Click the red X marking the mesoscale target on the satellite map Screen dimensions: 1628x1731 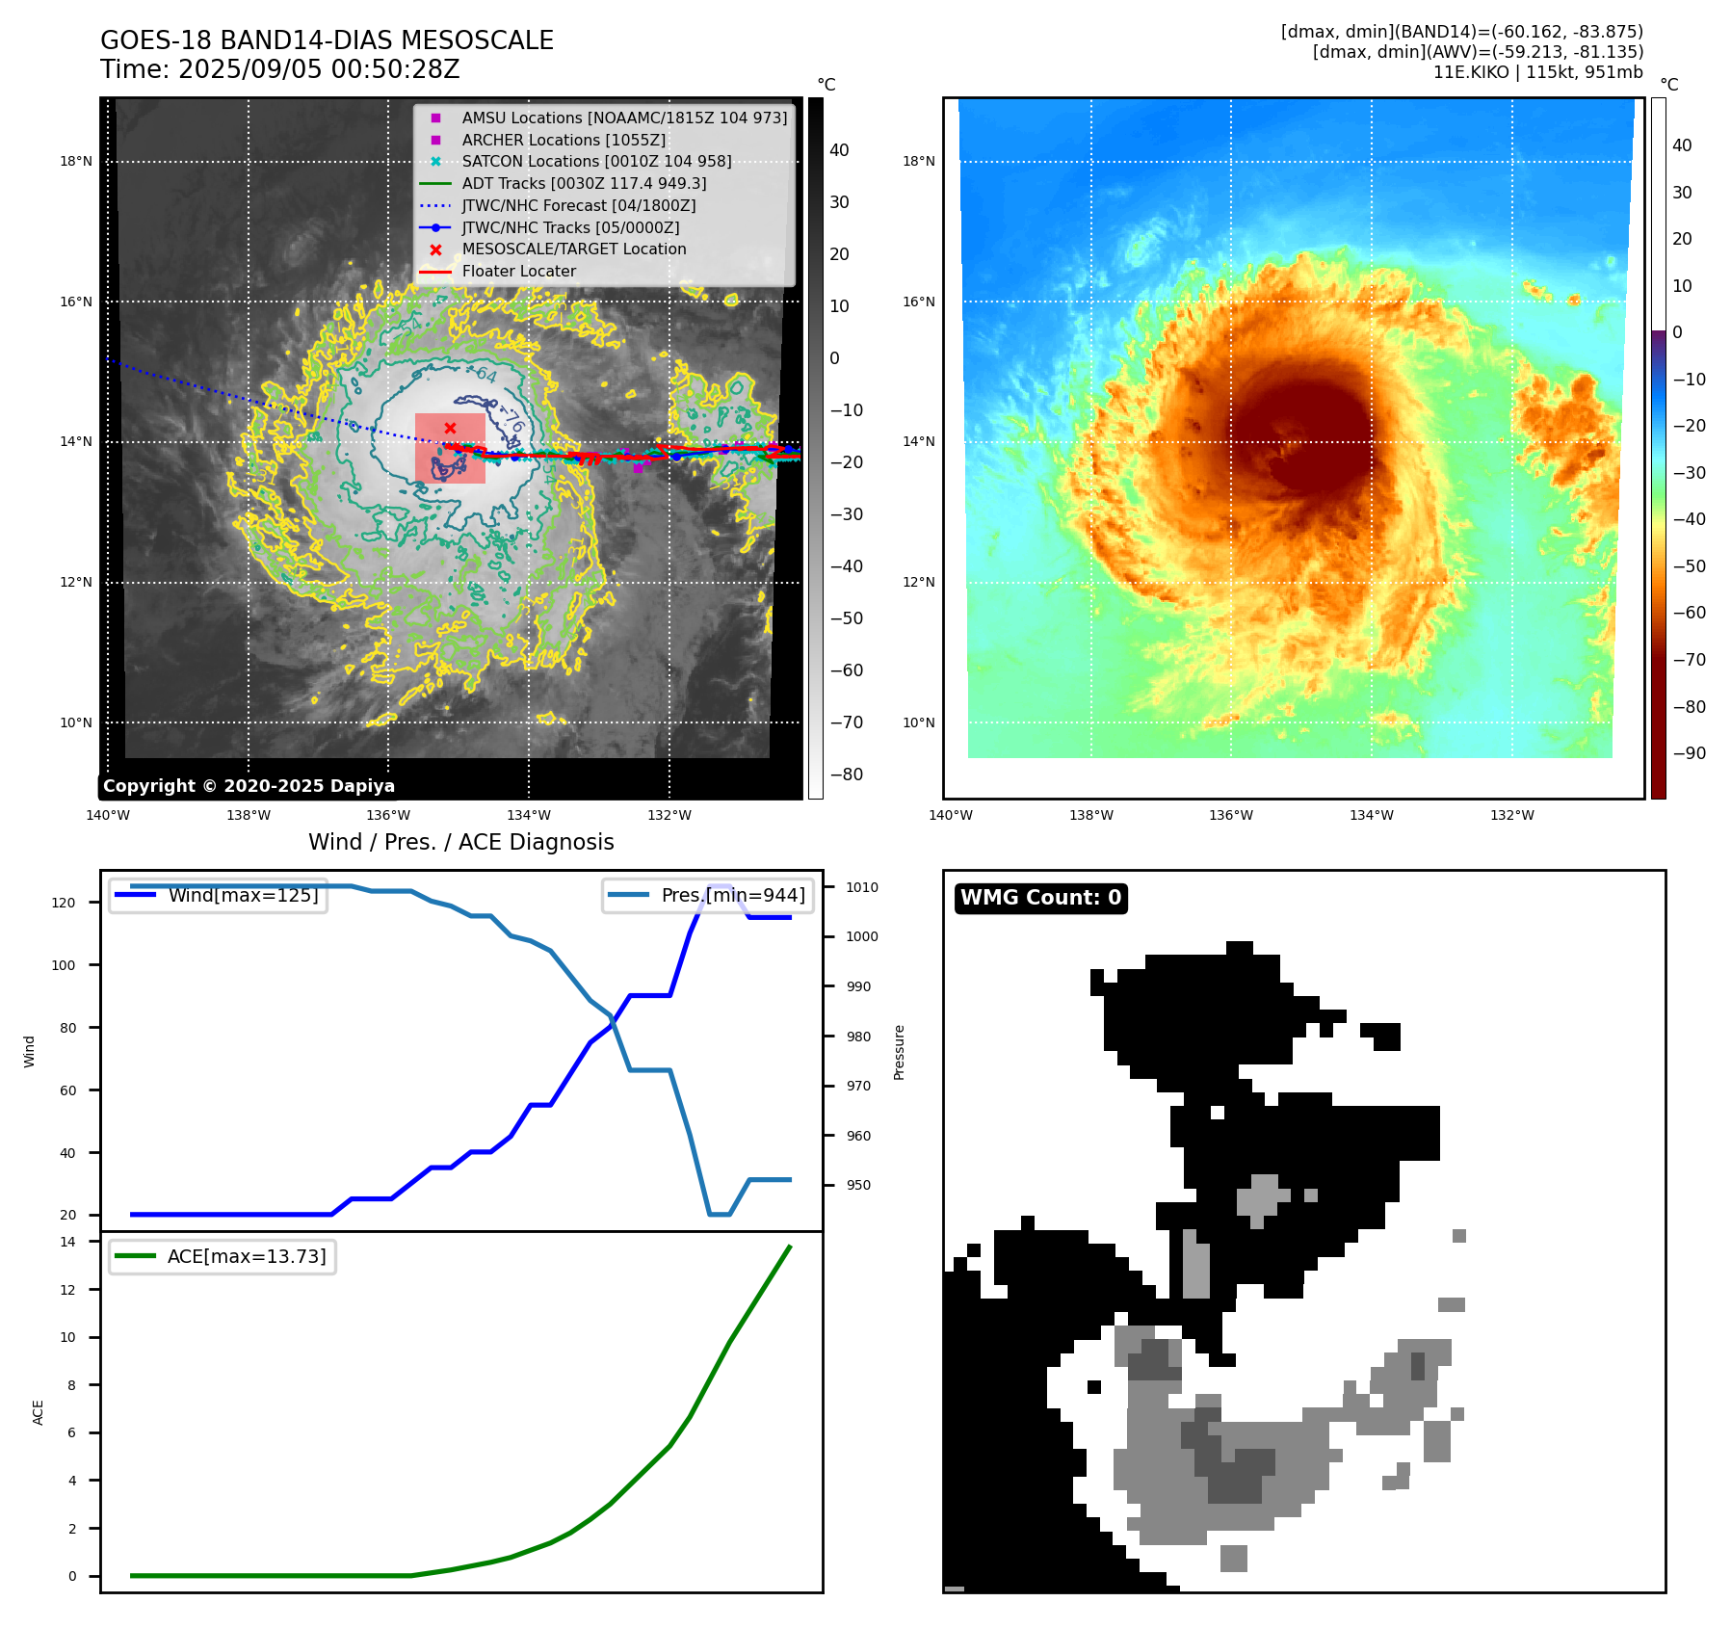(450, 428)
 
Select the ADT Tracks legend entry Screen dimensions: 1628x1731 (584, 183)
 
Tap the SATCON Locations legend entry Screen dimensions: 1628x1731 (596, 161)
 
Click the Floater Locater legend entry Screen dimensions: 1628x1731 (518, 271)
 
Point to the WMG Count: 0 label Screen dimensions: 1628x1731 (1040, 898)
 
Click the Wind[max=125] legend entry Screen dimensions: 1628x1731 (243, 895)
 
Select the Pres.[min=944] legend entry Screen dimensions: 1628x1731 (733, 895)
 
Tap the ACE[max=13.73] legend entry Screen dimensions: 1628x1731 (247, 1256)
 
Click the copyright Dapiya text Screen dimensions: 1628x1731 (249, 786)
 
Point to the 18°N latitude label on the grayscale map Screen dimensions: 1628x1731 (76, 161)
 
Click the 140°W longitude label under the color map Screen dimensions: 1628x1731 (951, 815)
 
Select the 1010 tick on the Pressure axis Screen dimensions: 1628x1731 (862, 887)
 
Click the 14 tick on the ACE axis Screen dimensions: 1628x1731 (67, 1242)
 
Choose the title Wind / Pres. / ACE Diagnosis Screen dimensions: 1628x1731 (460, 842)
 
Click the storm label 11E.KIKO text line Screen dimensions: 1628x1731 (1537, 72)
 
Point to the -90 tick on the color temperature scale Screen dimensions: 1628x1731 (1690, 753)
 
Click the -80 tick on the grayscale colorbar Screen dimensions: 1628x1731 (847, 775)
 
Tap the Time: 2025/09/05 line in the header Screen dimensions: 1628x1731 (279, 69)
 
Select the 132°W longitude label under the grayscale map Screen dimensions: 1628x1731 (669, 815)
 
